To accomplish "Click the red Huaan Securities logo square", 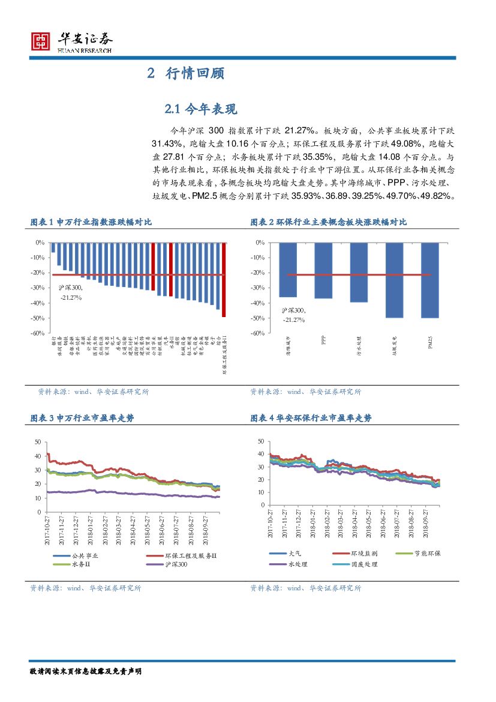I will [x=41, y=40].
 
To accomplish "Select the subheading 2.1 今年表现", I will [x=201, y=109].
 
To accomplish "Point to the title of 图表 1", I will [x=91, y=222].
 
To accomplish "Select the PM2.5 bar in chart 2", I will [x=429, y=280].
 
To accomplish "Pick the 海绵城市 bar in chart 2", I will [x=288, y=270].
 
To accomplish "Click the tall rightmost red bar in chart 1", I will [x=224, y=279].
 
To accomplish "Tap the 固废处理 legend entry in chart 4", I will [x=363, y=564].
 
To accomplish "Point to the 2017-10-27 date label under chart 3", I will [x=47, y=531].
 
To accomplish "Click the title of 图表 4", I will [x=311, y=419].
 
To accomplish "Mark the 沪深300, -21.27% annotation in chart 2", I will [x=294, y=315].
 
